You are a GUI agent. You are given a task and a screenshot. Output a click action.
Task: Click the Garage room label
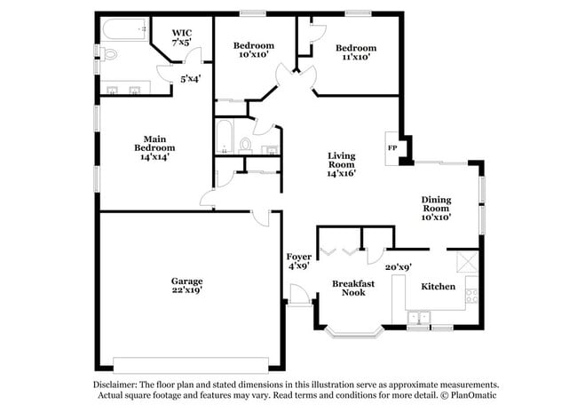[x=187, y=281]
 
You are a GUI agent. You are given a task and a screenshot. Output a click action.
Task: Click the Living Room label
[x=342, y=161]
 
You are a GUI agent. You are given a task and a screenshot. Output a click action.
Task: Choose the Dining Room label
[x=436, y=206]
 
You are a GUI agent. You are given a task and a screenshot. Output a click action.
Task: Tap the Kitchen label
[x=439, y=286]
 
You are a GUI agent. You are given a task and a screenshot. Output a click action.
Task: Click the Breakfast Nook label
[x=348, y=287]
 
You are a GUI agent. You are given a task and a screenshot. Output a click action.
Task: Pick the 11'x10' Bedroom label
[x=356, y=48]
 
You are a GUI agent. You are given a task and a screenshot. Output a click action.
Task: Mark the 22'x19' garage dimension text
[x=187, y=290]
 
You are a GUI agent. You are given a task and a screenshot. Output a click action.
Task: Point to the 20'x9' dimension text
[x=398, y=265]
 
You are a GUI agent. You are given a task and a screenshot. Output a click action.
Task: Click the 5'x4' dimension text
[x=191, y=78]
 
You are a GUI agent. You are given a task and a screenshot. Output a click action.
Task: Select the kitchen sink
[x=419, y=315]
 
